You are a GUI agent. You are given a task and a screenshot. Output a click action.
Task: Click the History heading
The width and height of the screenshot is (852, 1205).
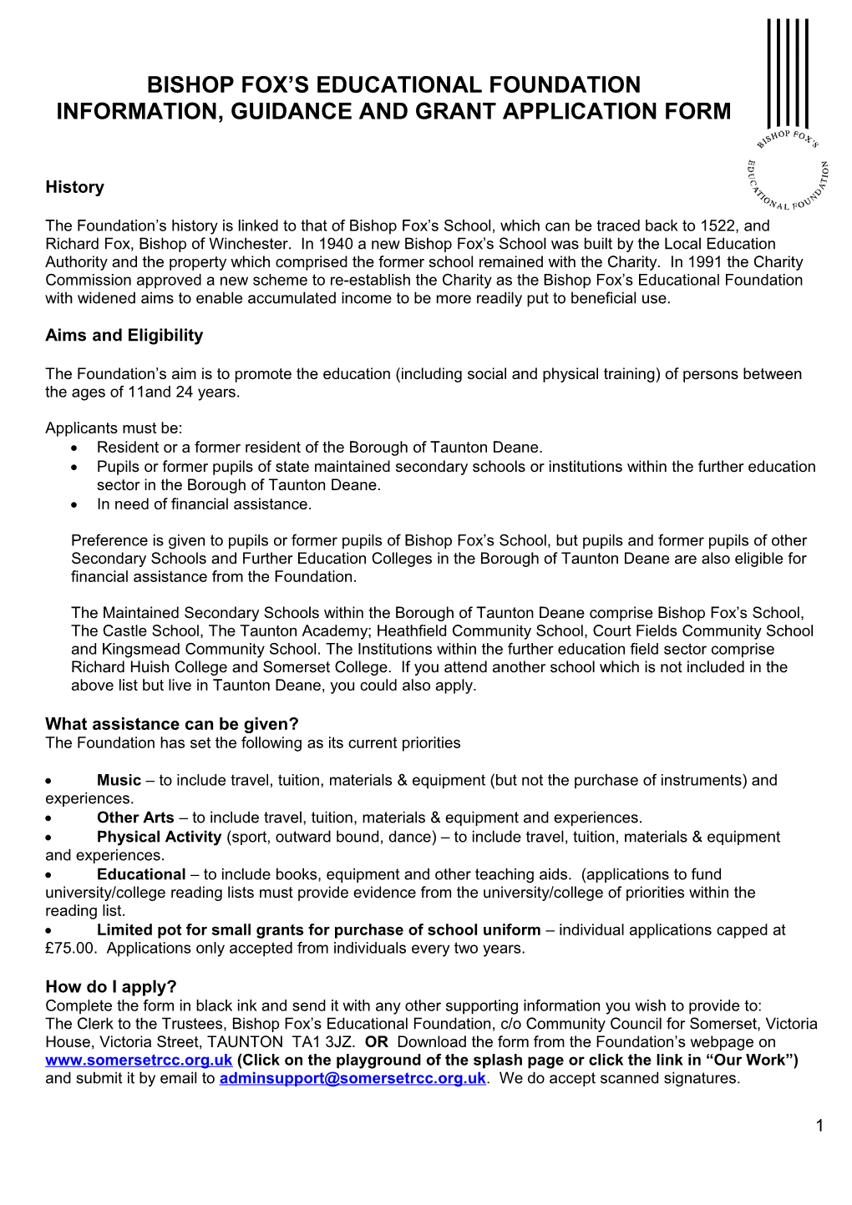point(74,187)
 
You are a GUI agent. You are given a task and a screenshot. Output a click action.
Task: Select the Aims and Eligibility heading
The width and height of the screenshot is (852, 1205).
point(124,335)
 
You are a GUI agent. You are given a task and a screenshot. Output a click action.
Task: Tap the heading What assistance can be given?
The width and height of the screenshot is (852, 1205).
point(171,724)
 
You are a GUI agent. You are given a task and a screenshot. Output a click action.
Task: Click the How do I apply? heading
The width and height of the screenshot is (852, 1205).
point(110,986)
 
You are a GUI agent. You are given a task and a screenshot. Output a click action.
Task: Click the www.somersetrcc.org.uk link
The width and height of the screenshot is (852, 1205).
point(139,1060)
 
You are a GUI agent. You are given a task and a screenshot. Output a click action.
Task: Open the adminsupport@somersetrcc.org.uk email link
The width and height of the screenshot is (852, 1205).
point(352,1078)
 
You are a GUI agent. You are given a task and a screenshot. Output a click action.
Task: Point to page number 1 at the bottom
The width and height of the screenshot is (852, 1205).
point(819,1126)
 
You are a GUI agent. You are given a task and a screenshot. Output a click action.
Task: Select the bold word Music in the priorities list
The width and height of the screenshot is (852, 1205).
point(119,780)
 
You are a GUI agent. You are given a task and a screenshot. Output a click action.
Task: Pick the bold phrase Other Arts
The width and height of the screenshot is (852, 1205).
point(135,818)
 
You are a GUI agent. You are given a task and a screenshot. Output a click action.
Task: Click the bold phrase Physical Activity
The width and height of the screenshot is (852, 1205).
point(159,837)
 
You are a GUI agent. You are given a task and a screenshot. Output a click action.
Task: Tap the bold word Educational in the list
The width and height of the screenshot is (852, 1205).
point(141,874)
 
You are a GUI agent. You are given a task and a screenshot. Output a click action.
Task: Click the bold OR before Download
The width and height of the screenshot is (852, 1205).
point(377,1041)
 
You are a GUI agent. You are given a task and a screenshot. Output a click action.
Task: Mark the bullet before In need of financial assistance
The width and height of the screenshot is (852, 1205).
point(75,504)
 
